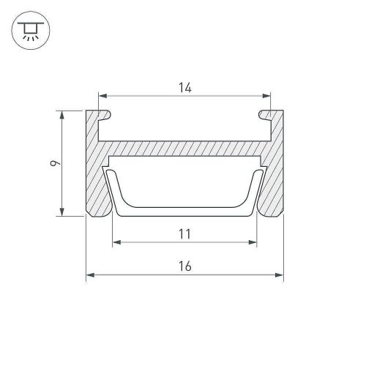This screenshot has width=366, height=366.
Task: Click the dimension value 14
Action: (x=185, y=88)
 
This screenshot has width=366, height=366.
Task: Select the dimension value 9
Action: (x=55, y=163)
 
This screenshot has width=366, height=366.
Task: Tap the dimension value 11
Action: (x=184, y=234)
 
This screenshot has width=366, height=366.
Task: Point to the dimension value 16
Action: (x=185, y=266)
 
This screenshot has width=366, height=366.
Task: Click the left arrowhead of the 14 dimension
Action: (x=102, y=96)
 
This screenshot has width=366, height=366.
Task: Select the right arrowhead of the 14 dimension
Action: (x=266, y=96)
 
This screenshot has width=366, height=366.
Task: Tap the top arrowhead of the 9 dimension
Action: (x=62, y=115)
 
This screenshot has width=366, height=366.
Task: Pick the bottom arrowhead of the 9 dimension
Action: (x=62, y=212)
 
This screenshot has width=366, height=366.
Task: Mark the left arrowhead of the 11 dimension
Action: (x=117, y=242)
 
